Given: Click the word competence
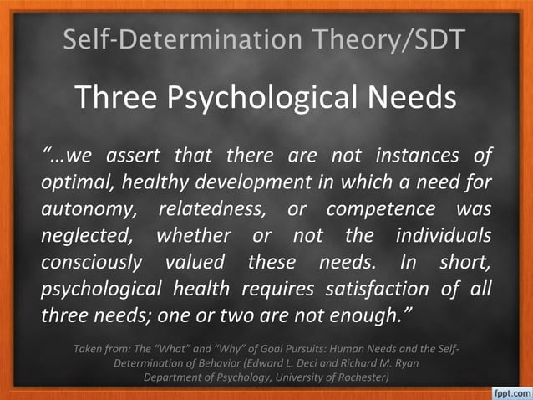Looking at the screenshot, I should click(377, 208).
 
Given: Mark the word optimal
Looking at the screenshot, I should click(74, 182).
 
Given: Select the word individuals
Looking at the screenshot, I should click(444, 235).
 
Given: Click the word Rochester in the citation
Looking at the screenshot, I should click(357, 377).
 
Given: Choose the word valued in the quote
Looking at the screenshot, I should click(195, 262).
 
